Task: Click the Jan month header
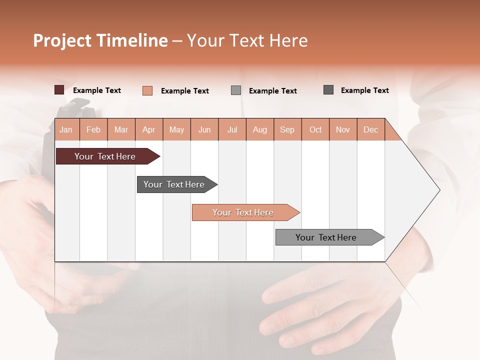pos(66,129)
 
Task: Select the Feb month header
pos(93,129)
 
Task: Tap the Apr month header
pos(149,129)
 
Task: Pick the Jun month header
pos(204,129)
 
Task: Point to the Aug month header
pos(260,129)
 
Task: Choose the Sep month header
pos(287,129)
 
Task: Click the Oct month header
pos(315,129)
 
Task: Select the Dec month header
pos(371,129)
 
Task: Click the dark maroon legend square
pos(59,90)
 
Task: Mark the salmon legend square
pos(147,90)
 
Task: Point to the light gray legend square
pos(236,90)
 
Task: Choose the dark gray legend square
pos(328,90)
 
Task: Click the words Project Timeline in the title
pos(100,40)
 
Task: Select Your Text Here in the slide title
pos(247,40)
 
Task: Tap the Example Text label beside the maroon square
pos(97,90)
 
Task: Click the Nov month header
pos(343,129)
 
